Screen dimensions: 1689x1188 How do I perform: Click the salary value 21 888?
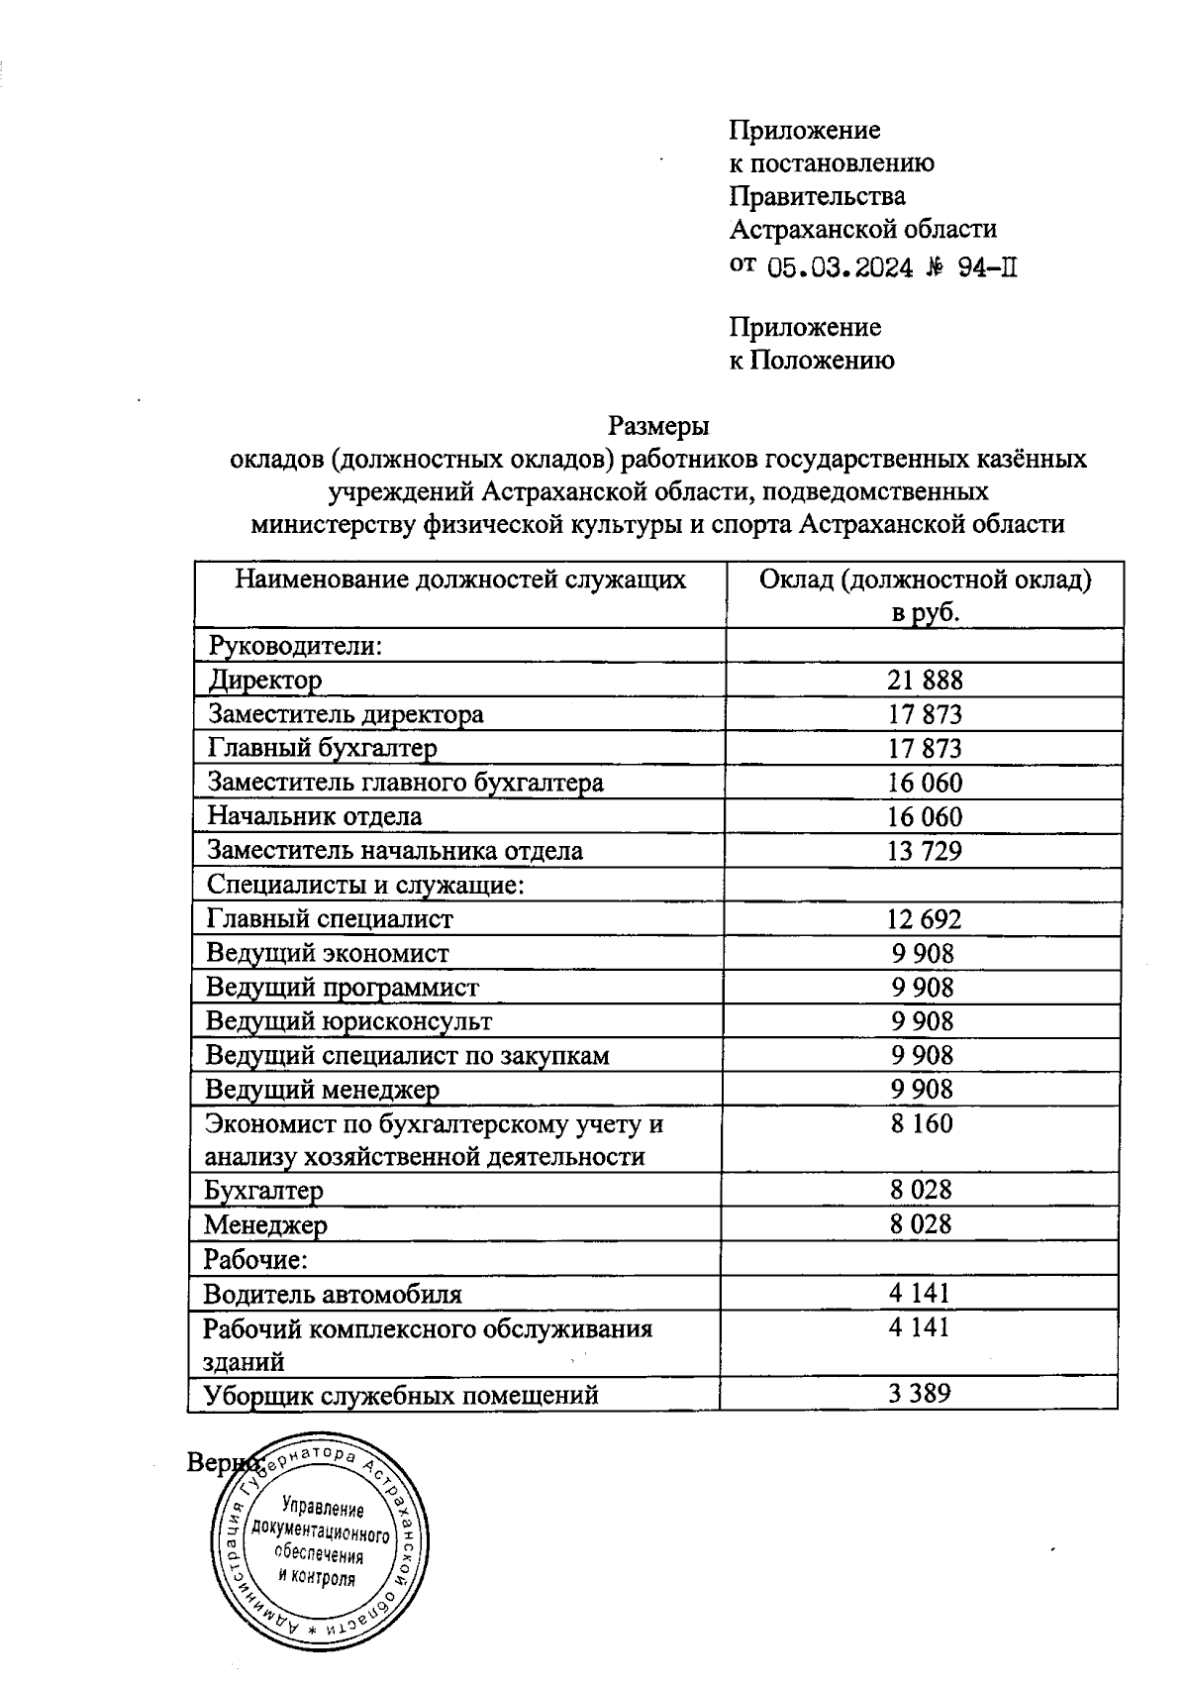click(x=925, y=680)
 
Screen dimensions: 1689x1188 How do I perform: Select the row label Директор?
click(x=265, y=681)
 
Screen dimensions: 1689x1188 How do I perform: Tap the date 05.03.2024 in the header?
click(x=841, y=268)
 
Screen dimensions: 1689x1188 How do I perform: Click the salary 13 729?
click(x=925, y=850)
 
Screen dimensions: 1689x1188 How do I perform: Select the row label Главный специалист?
click(x=330, y=918)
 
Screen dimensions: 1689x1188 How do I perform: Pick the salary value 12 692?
click(x=925, y=918)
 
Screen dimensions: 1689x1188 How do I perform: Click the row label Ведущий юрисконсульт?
click(x=348, y=1020)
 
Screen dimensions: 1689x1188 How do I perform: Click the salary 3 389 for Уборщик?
click(x=920, y=1394)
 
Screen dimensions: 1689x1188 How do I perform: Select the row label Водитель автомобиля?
click(x=333, y=1294)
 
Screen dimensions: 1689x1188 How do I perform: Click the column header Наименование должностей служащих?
click(x=460, y=580)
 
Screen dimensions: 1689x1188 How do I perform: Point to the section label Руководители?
click(x=295, y=646)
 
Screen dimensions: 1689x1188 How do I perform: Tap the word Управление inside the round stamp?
click(x=323, y=1510)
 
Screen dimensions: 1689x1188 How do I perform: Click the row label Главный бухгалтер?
click(x=322, y=748)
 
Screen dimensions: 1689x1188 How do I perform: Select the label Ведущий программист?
click(x=343, y=987)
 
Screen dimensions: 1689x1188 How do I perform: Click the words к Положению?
click(x=812, y=361)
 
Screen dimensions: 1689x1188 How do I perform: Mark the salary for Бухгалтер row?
click(x=921, y=1190)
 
